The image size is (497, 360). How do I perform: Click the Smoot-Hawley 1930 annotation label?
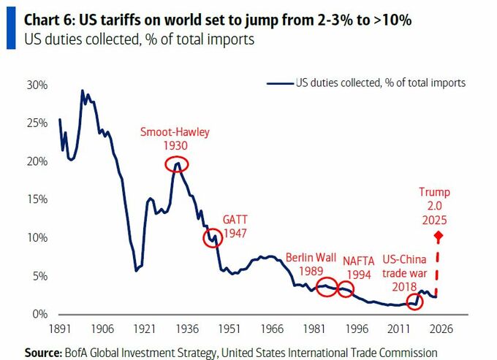click(x=175, y=139)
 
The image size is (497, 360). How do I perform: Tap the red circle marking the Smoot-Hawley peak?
click(x=175, y=165)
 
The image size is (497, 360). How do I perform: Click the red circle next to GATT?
click(x=213, y=238)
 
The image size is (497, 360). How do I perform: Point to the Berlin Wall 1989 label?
click(x=311, y=264)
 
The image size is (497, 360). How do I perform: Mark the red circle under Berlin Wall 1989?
click(x=327, y=286)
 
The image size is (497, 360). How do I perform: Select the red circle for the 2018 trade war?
click(x=414, y=300)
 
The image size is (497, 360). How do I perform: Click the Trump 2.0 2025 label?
click(x=434, y=205)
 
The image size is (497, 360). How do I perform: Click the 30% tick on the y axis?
click(x=37, y=85)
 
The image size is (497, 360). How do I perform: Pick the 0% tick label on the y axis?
click(x=39, y=314)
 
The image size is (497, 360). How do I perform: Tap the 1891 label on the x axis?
click(x=59, y=329)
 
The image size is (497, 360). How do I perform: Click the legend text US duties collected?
click(x=380, y=83)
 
